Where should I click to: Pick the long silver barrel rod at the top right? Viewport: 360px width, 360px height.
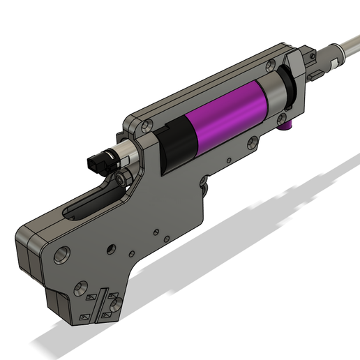click(346, 50)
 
